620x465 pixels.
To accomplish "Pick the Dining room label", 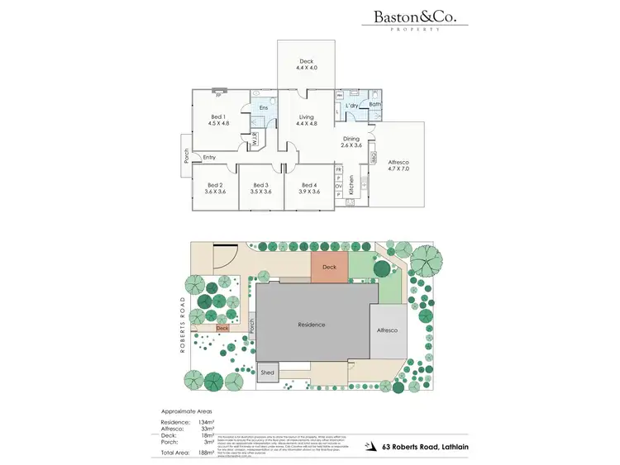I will pyautogui.click(x=352, y=140).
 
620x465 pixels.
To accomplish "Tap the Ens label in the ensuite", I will pyautogui.click(x=264, y=108).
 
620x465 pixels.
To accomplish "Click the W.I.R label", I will pyautogui.click(x=255, y=138).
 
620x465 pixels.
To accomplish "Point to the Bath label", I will pyautogui.click(x=374, y=104).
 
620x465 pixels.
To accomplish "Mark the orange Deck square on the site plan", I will pyautogui.click(x=329, y=268).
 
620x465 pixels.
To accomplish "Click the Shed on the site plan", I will pyautogui.click(x=268, y=373).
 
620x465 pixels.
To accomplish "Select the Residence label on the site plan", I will pyautogui.click(x=312, y=325).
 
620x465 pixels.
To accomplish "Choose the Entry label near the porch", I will pyautogui.click(x=209, y=157).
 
